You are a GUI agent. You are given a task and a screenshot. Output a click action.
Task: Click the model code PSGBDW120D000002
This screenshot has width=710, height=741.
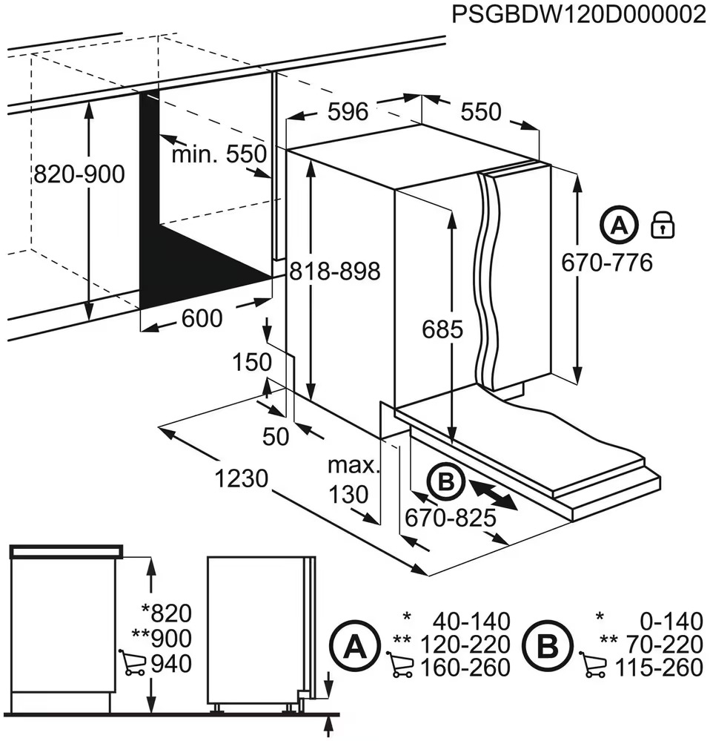(x=579, y=15)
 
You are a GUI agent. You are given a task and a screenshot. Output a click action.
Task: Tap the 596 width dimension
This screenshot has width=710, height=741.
(x=348, y=112)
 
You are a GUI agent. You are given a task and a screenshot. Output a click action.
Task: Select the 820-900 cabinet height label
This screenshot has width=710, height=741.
(x=79, y=174)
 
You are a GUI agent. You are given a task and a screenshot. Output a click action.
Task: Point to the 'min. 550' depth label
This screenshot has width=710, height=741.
(x=219, y=154)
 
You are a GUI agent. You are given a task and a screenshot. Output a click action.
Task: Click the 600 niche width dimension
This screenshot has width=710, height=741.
(x=202, y=318)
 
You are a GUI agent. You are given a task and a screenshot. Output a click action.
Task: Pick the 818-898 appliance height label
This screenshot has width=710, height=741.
(x=335, y=271)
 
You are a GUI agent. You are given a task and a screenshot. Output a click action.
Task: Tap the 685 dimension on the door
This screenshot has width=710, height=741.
(x=442, y=329)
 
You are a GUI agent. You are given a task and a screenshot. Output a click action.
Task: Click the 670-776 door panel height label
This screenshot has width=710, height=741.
(x=607, y=263)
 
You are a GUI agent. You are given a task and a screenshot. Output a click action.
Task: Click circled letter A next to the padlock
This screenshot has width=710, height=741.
(x=619, y=225)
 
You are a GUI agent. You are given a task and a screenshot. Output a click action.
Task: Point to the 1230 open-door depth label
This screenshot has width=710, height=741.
(x=241, y=478)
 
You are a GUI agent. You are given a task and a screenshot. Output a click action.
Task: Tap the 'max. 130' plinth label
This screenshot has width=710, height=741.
(x=354, y=480)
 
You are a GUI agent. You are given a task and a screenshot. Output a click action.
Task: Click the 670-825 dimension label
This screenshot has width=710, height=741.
(x=451, y=518)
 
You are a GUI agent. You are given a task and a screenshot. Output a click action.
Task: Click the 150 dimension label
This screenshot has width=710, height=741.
(x=252, y=363)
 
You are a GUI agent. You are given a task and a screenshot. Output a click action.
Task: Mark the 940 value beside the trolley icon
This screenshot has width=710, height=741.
(x=171, y=664)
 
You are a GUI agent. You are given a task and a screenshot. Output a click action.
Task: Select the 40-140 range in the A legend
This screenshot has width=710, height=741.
(x=471, y=622)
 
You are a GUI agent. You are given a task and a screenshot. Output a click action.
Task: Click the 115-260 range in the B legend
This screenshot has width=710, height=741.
(x=659, y=668)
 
